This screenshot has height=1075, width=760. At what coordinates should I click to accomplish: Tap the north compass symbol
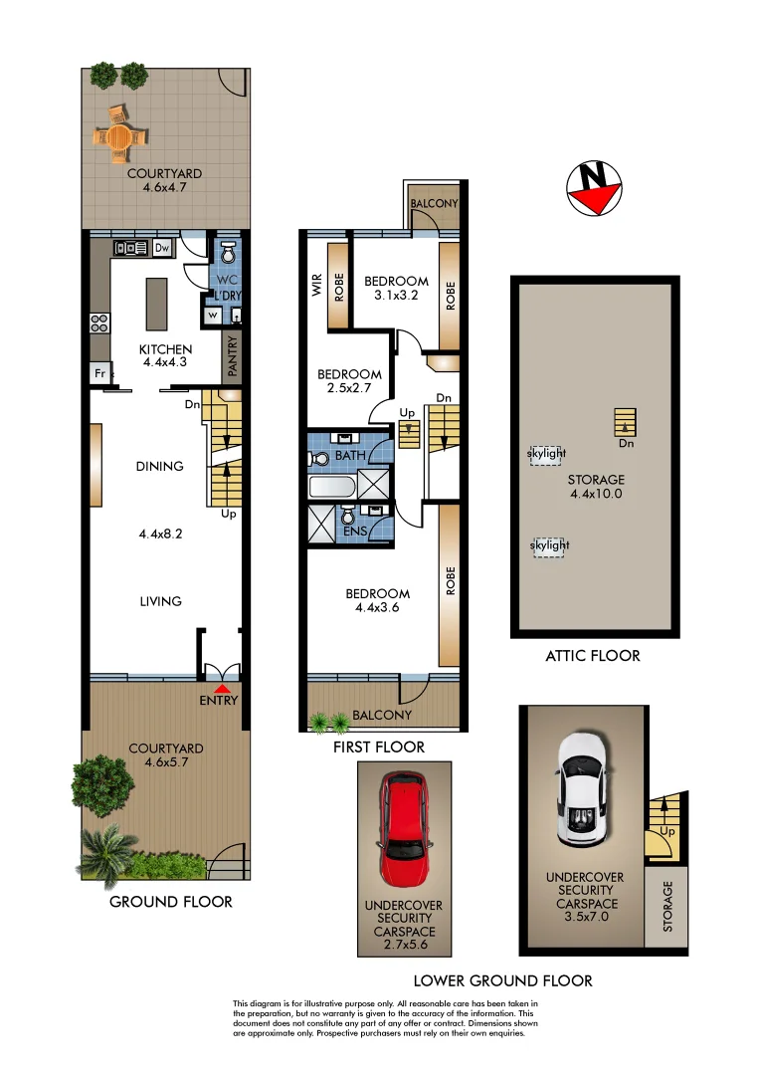593,188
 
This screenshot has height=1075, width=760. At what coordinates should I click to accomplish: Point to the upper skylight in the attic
546,454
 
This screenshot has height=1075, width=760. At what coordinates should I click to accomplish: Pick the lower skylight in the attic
548,546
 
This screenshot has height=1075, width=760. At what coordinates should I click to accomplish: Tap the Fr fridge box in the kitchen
99,372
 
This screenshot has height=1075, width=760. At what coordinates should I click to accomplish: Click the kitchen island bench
156,305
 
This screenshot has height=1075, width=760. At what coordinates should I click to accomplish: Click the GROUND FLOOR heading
170,902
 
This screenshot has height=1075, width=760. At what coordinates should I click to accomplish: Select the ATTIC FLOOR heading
592,655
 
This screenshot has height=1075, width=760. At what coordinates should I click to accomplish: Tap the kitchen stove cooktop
99,322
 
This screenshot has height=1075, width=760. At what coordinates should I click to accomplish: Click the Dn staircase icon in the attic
624,423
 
